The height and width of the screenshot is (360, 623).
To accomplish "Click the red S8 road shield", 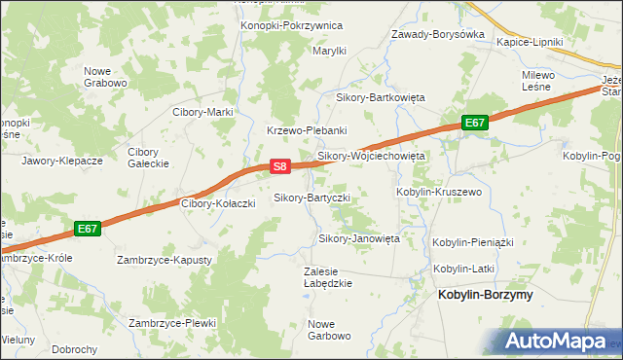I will pyautogui.click(x=279, y=166).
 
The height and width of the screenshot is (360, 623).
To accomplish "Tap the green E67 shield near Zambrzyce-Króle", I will pyautogui.click(x=88, y=229).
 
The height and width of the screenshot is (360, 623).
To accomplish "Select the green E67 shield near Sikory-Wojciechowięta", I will pyautogui.click(x=474, y=123).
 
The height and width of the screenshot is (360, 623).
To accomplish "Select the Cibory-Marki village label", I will pyautogui.click(x=202, y=112).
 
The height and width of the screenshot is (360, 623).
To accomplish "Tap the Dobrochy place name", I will pyautogui.click(x=75, y=349).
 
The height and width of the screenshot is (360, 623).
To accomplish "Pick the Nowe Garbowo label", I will pyautogui.click(x=329, y=330).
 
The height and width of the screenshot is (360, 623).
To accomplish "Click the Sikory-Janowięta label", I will pyautogui.click(x=359, y=238).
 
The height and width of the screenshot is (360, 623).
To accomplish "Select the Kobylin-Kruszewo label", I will pyautogui.click(x=439, y=193).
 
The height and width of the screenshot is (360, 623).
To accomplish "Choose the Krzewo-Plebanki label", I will pyautogui.click(x=307, y=130).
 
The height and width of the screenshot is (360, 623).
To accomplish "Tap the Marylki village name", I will pyautogui.click(x=329, y=51).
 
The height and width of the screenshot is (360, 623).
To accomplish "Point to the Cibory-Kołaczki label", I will pyautogui.click(x=219, y=203).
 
